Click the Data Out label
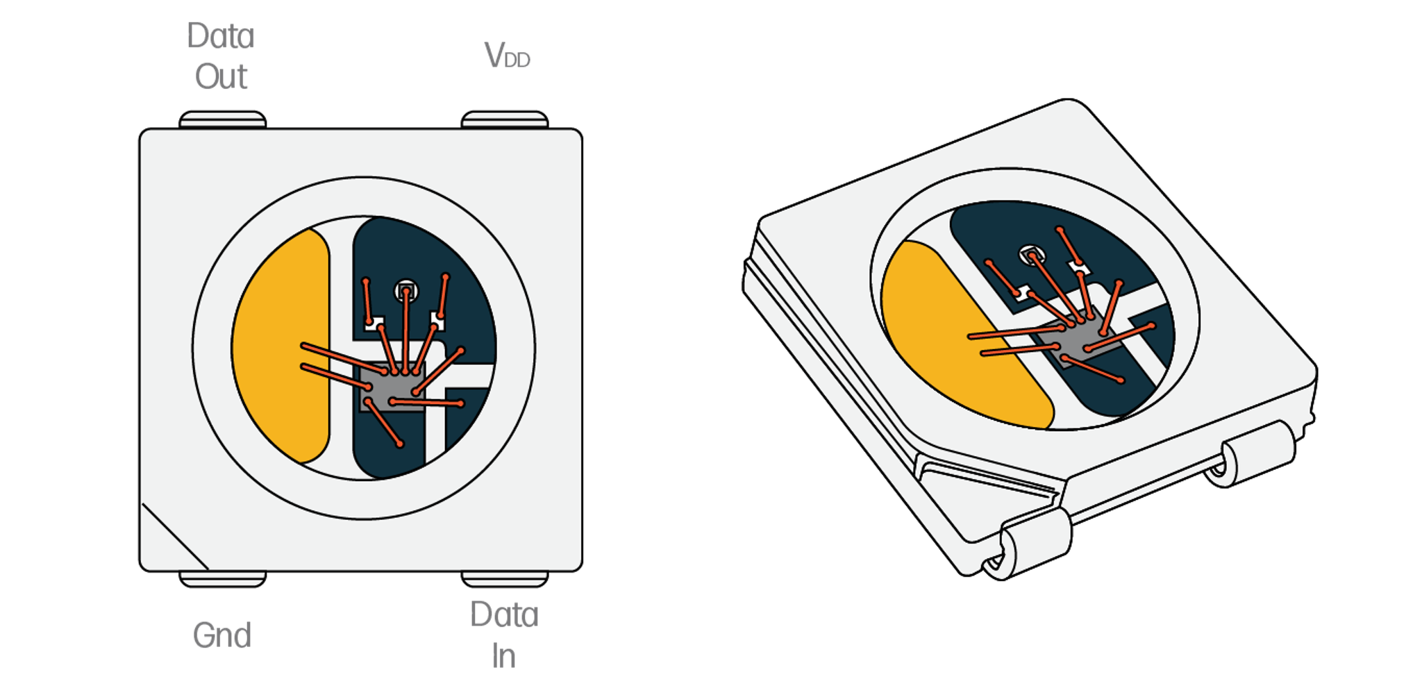[x=221, y=56]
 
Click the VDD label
[x=507, y=55]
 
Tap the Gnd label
[x=221, y=635]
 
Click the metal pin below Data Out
[x=222, y=119]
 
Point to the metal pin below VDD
[x=505, y=119]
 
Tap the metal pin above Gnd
[x=222, y=579]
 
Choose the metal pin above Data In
[x=505, y=579]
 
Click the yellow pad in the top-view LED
[x=281, y=346]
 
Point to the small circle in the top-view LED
[x=406, y=291]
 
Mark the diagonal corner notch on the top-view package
[x=175, y=537]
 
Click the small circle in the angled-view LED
[x=1032, y=255]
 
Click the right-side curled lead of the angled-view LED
[x=1250, y=455]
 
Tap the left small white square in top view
[x=374, y=323]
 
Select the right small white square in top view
[x=437, y=320]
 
